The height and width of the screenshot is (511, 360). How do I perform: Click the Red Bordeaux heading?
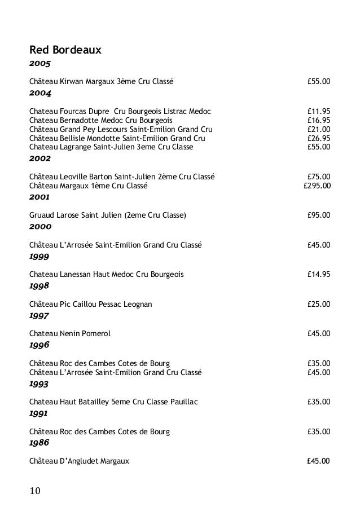coord(65,51)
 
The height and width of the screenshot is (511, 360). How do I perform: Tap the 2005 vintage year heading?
coord(40,67)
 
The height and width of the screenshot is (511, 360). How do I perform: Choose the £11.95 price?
coord(319,111)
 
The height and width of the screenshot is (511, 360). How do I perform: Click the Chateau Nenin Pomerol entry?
coord(70,333)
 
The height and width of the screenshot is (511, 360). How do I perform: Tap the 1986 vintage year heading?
coord(40,443)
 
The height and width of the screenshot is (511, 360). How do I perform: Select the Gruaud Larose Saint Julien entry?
coord(107,215)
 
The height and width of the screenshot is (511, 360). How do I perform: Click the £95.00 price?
coord(319,215)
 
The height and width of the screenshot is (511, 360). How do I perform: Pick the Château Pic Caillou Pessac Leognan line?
coord(90,304)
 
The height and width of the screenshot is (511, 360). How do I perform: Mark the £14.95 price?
coord(319,275)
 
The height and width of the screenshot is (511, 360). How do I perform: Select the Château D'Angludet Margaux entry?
coord(79,461)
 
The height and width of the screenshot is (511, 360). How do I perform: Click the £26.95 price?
coord(319,138)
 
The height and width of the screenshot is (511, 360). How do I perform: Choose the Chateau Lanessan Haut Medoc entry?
coord(106,275)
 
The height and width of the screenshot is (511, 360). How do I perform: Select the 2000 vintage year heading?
coord(40,227)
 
